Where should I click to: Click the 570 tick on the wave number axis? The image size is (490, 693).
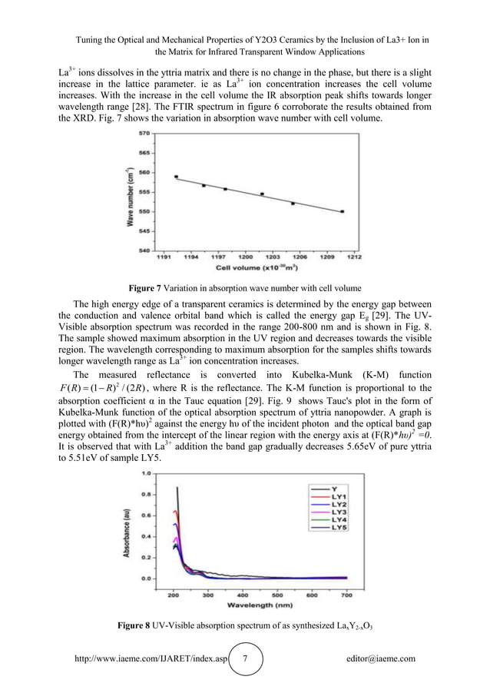[144, 133]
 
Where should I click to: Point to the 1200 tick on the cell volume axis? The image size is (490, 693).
[247, 257]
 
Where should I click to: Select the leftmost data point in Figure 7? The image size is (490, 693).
[177, 177]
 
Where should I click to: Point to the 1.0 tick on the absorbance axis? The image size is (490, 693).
[144, 474]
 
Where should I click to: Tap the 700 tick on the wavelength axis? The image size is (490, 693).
[347, 594]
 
